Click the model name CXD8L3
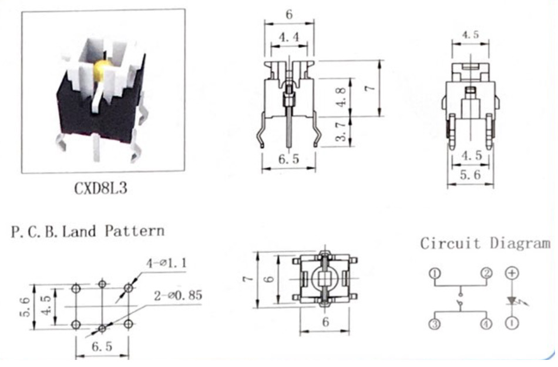pos(100,188)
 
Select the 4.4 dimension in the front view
pos(288,37)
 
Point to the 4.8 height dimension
pos(341,97)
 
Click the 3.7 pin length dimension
pos(341,132)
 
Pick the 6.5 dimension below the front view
pos(288,159)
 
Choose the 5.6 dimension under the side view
pos(470,175)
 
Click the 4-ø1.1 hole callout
pos(166,263)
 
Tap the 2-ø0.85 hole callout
pos(178,295)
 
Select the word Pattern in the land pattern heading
pos(135,231)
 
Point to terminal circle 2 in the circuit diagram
pos(486,273)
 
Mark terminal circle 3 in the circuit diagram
pos(435,324)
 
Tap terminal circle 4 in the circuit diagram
pos(486,324)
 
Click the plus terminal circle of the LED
pos(512,273)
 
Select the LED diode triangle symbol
pos(512,301)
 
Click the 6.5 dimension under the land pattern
pos(102,346)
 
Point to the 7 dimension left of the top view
pos(248,278)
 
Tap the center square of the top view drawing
pos(324,279)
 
